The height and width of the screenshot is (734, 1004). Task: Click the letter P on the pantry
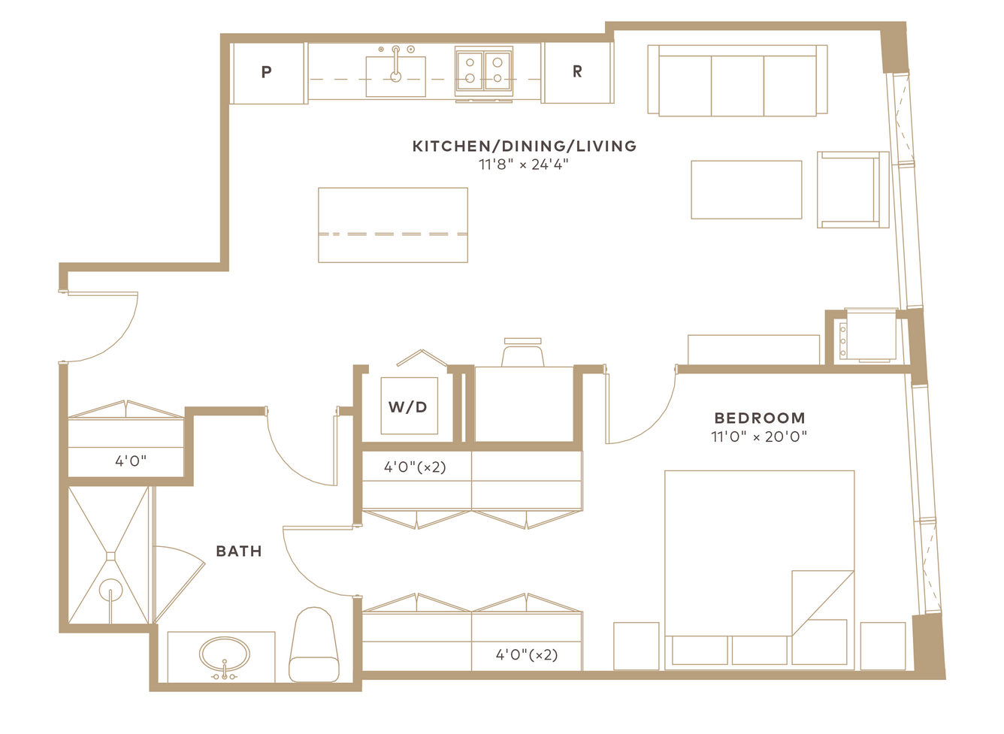266,71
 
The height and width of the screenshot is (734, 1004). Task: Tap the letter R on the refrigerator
577,71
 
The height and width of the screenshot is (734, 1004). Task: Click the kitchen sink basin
396,77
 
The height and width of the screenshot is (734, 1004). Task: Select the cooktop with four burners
484,71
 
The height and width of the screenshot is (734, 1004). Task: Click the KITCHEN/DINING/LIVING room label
525,146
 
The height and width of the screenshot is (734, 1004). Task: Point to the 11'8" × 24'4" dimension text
524,165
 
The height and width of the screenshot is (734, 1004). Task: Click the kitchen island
393,225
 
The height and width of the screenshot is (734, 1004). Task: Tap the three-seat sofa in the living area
737,80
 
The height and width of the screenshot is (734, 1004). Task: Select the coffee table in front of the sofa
746,189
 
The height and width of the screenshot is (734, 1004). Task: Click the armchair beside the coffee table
853,189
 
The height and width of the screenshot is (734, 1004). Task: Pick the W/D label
407,407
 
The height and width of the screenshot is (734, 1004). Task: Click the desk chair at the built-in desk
522,352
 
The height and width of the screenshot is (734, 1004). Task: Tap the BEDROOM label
760,418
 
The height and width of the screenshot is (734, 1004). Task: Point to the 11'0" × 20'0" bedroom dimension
759,436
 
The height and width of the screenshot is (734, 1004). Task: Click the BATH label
239,551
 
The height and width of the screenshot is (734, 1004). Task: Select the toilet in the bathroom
314,645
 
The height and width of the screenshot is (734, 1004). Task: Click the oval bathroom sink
225,654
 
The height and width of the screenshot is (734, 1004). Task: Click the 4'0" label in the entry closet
131,461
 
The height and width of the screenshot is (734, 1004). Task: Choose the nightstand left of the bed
636,645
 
